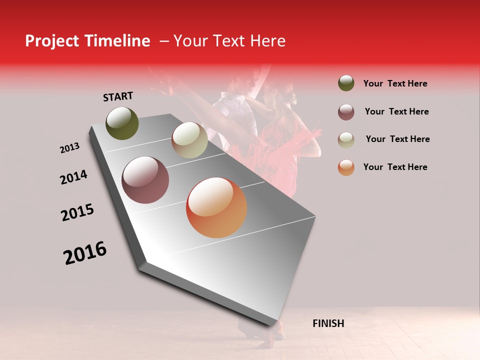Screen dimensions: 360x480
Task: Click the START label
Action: pos(118,96)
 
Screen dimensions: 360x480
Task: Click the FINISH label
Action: pos(328,323)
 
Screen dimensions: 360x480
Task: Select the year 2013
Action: pos(69,148)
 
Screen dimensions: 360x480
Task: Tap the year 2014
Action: pos(73,177)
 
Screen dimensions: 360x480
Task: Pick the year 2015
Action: pos(77,212)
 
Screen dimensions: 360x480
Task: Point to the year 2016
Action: pos(85,253)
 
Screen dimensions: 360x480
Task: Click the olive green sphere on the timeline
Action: pos(122,123)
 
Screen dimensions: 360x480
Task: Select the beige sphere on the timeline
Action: pos(189,140)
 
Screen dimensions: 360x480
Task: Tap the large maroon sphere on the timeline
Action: pos(145,180)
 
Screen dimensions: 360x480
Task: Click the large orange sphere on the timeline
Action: pos(216,207)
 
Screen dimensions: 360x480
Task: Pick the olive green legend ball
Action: pos(346,83)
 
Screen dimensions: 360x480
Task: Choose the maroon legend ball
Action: pos(346,112)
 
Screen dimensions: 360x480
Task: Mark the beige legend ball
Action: pos(346,139)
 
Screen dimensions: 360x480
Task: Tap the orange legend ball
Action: pos(346,167)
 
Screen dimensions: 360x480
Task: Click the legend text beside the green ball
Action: pos(395,83)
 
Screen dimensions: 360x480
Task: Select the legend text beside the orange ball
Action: pos(395,167)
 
